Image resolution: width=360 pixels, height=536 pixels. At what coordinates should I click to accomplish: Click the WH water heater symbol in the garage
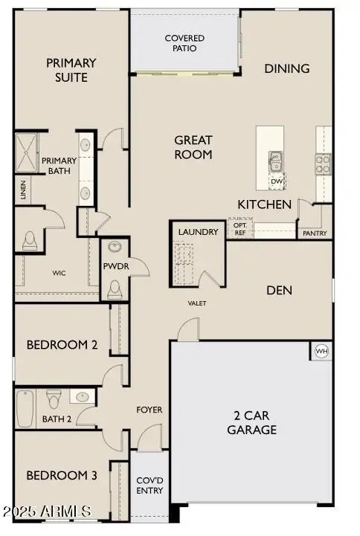pyautogui.click(x=321, y=351)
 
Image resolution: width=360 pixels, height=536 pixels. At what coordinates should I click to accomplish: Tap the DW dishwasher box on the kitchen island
pyautogui.click(x=277, y=181)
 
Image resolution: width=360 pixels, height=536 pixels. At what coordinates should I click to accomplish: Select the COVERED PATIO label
pyautogui.click(x=184, y=43)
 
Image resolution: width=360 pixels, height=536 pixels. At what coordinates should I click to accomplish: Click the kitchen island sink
pyautogui.click(x=275, y=161)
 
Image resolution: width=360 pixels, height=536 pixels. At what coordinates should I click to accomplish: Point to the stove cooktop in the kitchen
pyautogui.click(x=323, y=164)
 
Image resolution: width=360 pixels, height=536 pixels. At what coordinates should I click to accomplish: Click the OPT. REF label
pyautogui.click(x=240, y=229)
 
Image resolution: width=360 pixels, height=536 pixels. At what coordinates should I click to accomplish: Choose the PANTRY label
pyautogui.click(x=315, y=233)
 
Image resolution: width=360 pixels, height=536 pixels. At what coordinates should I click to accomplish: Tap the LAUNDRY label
pyautogui.click(x=199, y=232)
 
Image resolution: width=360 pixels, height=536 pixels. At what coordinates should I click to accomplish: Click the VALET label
pyautogui.click(x=197, y=303)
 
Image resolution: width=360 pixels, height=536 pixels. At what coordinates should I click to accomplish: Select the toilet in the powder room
pyautogui.click(x=115, y=289)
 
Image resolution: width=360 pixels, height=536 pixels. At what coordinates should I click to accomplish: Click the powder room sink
pyautogui.click(x=115, y=246)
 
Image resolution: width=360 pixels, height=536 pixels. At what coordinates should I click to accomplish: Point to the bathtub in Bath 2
pyautogui.click(x=25, y=409)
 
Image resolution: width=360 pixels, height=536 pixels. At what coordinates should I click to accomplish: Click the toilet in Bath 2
pyautogui.click(x=54, y=398)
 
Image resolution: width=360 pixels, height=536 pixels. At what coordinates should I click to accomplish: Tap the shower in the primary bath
pyautogui.click(x=26, y=152)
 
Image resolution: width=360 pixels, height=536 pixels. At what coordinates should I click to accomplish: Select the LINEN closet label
pyautogui.click(x=23, y=190)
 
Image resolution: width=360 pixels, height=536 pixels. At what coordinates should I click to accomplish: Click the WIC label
pyautogui.click(x=60, y=273)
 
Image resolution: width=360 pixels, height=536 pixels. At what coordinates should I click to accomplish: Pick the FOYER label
pyautogui.click(x=150, y=410)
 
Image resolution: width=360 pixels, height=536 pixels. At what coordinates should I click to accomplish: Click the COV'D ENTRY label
pyautogui.click(x=150, y=485)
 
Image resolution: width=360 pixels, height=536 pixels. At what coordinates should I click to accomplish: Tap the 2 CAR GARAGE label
pyautogui.click(x=252, y=422)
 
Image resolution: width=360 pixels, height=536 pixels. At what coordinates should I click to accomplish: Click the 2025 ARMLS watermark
pyautogui.click(x=47, y=511)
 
